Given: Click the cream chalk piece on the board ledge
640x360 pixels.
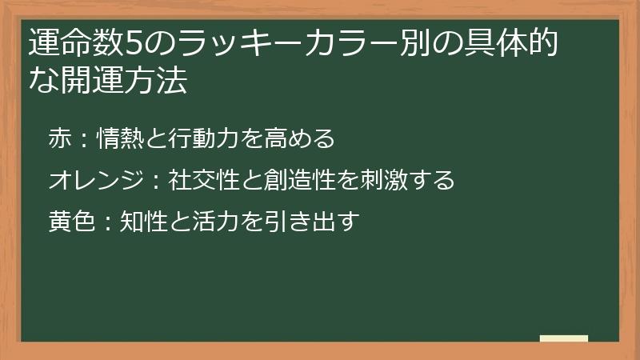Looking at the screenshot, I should click(563, 338).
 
